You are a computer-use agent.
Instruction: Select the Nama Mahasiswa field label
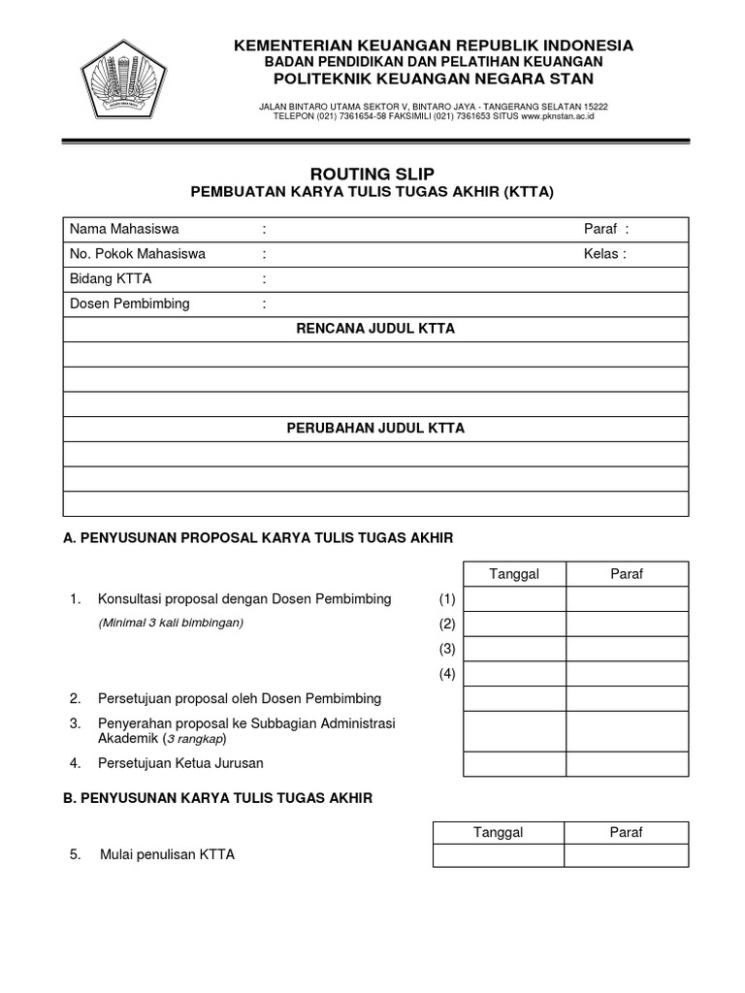(124, 229)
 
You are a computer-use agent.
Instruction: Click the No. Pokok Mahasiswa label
(138, 254)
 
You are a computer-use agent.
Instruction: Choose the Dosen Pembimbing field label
(130, 304)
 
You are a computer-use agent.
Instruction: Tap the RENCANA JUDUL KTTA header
(374, 329)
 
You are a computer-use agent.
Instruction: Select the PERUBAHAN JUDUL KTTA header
(374, 428)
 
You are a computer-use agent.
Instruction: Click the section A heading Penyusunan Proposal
(258, 536)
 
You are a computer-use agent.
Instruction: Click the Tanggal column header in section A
(514, 574)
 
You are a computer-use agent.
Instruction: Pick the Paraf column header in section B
(627, 832)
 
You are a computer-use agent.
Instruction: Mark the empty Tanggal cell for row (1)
(514, 599)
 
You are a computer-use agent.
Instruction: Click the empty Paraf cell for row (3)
(627, 649)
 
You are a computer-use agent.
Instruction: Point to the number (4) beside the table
(446, 674)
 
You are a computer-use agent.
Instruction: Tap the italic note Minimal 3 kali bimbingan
(171, 623)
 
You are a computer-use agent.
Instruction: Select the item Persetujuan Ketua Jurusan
(180, 763)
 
